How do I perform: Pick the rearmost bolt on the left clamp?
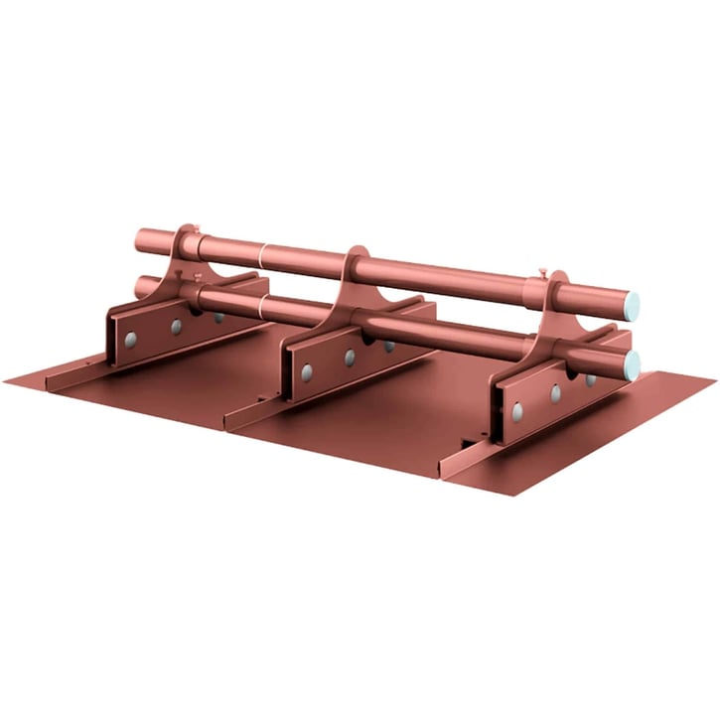click(x=217, y=317)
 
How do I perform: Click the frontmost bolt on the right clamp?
click(x=516, y=409)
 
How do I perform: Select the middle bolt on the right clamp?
click(x=555, y=393)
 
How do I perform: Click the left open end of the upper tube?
click(x=139, y=240)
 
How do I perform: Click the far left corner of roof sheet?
click(x=5, y=379)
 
